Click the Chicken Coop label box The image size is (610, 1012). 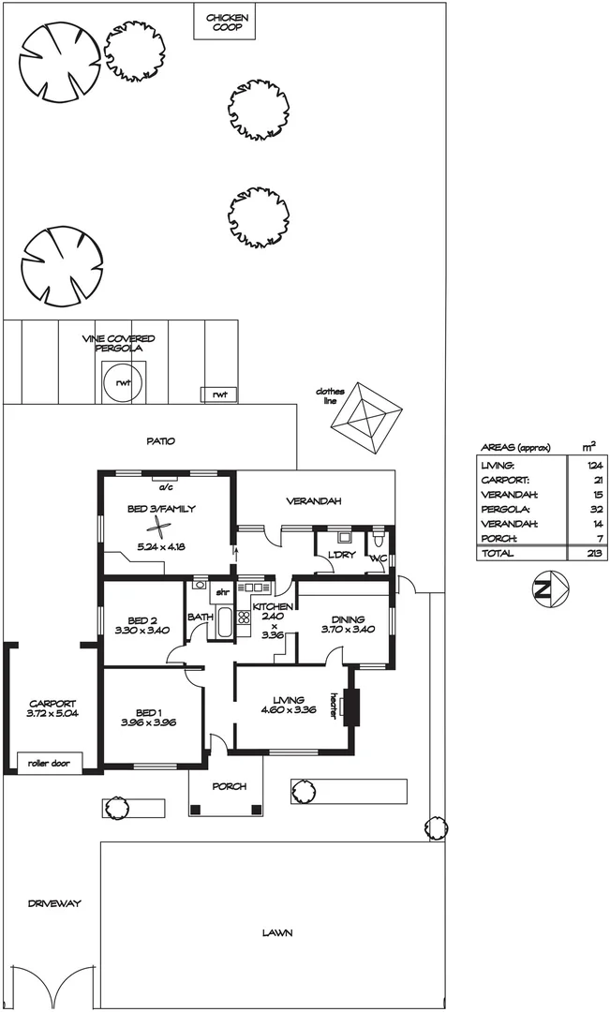coord(225,22)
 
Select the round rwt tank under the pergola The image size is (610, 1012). coord(122,383)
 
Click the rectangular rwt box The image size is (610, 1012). coord(219,394)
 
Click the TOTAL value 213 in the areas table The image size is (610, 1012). coord(591,554)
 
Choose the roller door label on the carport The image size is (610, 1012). coord(50,762)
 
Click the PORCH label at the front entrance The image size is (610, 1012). coord(226,786)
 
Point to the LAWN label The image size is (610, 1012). coord(277,933)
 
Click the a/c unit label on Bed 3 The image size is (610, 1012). coord(166,487)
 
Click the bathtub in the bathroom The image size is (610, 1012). coord(225,622)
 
